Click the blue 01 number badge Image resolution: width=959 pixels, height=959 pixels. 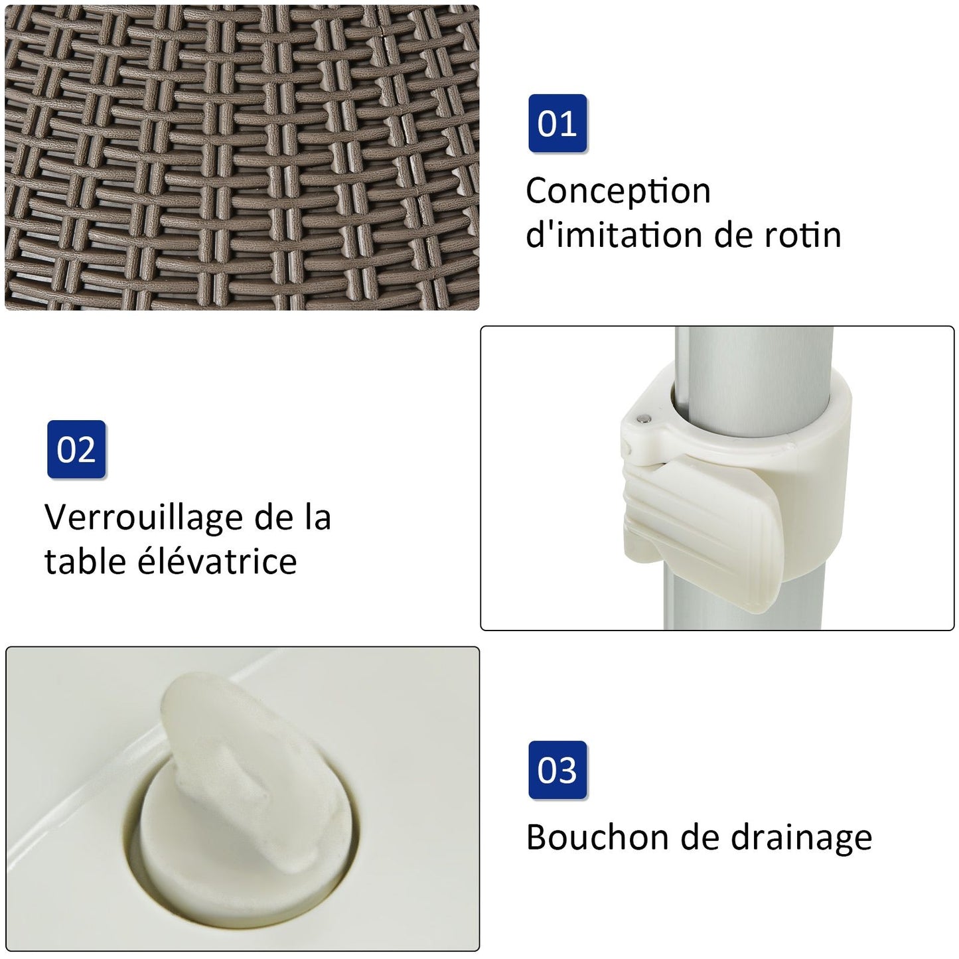coord(557,123)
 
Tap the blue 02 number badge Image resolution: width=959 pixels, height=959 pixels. coord(76,449)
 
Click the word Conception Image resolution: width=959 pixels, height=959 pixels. coord(618,192)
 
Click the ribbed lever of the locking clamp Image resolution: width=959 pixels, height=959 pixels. coord(700,532)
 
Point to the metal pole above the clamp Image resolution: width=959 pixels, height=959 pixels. coord(754,368)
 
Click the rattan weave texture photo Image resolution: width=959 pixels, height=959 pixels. coord(242,158)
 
